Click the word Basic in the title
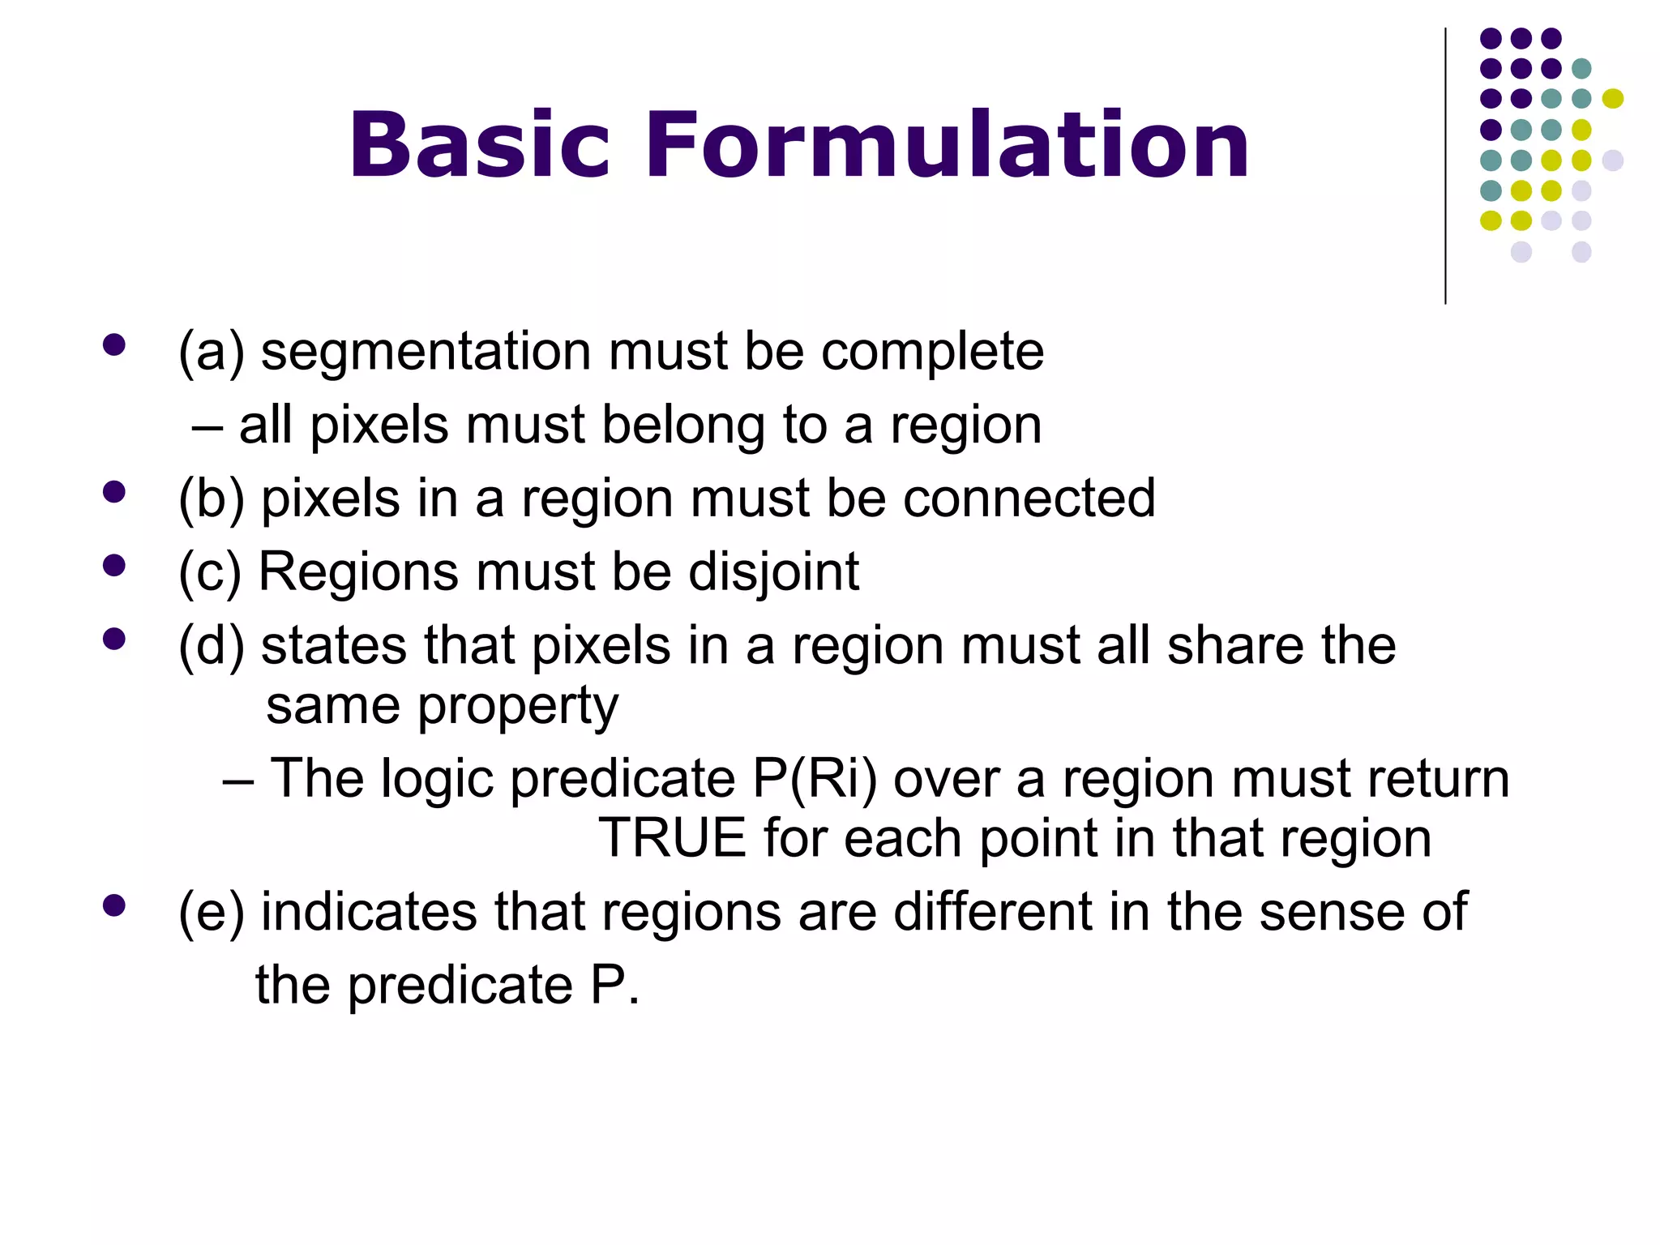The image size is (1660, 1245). click(478, 146)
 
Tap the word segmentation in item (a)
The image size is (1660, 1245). click(426, 353)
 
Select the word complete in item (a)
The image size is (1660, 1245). click(932, 353)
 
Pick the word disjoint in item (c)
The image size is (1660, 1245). click(773, 572)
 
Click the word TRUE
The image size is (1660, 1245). click(672, 838)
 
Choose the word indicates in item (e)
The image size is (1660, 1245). click(369, 912)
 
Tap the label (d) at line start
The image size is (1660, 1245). click(211, 646)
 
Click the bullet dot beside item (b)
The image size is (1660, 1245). click(114, 492)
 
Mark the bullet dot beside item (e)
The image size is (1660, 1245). click(114, 905)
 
